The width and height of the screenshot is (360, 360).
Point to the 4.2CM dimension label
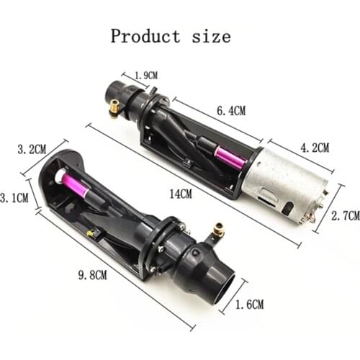pyautogui.click(x=313, y=148)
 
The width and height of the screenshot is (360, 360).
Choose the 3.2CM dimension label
pyautogui.click(x=31, y=150)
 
